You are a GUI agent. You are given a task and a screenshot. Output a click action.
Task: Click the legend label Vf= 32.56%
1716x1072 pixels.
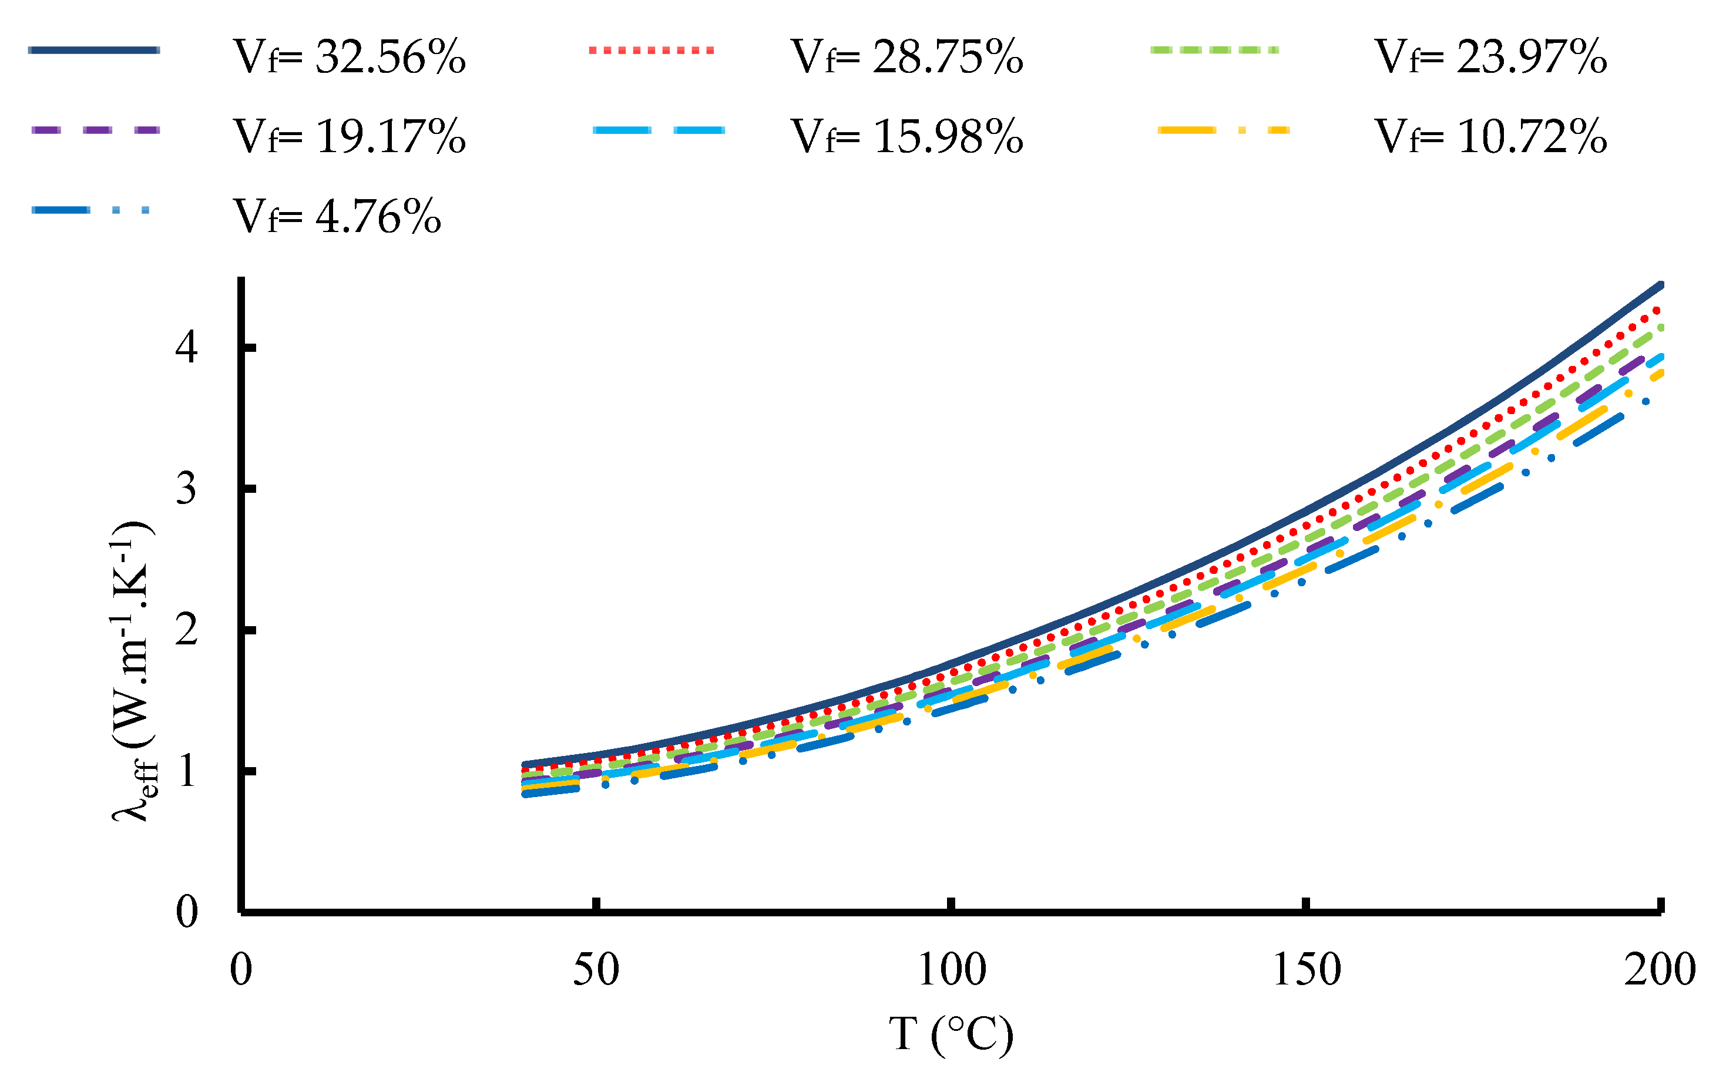[x=349, y=57]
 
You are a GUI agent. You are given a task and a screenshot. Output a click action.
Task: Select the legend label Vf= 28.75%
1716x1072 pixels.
[x=907, y=57]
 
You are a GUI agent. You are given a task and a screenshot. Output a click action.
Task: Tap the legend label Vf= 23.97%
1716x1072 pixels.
[x=1490, y=57]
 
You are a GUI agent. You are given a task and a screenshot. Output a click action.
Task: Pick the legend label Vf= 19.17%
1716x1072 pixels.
[x=349, y=136]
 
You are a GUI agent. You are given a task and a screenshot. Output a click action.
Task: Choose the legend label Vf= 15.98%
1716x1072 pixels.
[x=907, y=136]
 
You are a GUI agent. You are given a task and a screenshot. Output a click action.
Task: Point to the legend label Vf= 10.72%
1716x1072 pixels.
[x=1490, y=136]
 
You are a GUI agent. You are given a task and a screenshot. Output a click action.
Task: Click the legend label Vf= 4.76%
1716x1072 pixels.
[x=337, y=216]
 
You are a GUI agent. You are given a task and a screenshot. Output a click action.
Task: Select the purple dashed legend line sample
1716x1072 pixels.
[x=95, y=130]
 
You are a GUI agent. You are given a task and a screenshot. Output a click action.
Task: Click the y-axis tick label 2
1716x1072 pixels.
[x=186, y=630]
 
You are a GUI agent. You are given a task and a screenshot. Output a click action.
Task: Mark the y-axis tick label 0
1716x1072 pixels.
[x=186, y=912]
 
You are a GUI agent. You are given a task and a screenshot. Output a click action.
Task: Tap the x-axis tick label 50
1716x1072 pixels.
[x=596, y=970]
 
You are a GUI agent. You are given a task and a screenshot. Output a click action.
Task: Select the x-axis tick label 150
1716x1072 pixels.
[x=1306, y=970]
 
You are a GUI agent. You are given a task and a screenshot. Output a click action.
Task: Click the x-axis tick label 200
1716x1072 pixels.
[x=1659, y=970]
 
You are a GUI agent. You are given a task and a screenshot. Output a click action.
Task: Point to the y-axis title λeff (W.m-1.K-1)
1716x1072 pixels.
[x=133, y=671]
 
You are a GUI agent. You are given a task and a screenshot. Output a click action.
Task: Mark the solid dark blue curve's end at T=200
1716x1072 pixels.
[x=1659, y=285]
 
